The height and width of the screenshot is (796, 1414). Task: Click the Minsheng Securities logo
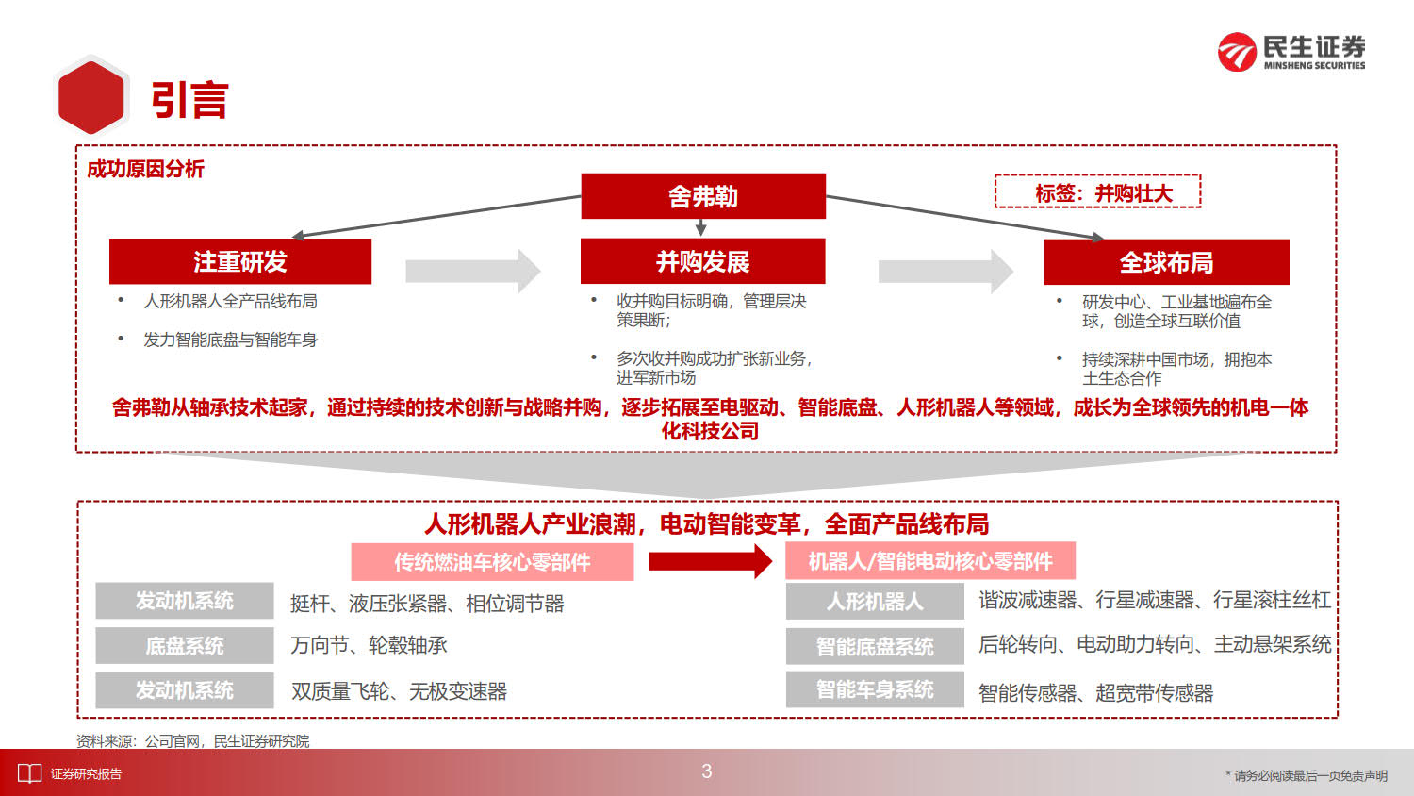pyautogui.click(x=1291, y=52)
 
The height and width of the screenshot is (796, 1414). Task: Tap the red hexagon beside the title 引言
pyautogui.click(x=91, y=96)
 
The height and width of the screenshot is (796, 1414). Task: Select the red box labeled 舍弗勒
pyautogui.click(x=703, y=196)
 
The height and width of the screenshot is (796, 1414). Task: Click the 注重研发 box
pyautogui.click(x=239, y=261)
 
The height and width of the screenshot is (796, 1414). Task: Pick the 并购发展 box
pyautogui.click(x=702, y=261)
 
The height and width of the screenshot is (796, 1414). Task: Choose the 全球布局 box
pyautogui.click(x=1167, y=262)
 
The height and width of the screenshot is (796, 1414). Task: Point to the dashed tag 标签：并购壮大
pyautogui.click(x=1098, y=191)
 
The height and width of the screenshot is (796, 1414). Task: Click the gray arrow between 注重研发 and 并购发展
pyautogui.click(x=473, y=271)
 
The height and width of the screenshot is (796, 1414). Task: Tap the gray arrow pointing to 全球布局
pyautogui.click(x=945, y=272)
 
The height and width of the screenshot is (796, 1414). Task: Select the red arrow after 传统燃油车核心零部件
pyautogui.click(x=710, y=561)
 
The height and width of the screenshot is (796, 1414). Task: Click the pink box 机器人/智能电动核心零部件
pyautogui.click(x=930, y=561)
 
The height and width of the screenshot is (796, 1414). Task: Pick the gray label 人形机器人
pyautogui.click(x=875, y=601)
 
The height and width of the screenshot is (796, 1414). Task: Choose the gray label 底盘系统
pyautogui.click(x=185, y=646)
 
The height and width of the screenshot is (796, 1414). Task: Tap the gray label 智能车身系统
pyautogui.click(x=875, y=689)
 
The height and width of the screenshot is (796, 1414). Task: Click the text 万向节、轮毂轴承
pyautogui.click(x=369, y=645)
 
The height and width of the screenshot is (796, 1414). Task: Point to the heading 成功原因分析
pyautogui.click(x=145, y=169)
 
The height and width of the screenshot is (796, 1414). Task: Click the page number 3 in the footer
pyautogui.click(x=706, y=771)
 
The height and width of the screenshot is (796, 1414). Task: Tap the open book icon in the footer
pyautogui.click(x=29, y=773)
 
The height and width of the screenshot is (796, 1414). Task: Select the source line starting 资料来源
pyautogui.click(x=192, y=741)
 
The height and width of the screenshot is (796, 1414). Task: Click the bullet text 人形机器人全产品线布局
pyautogui.click(x=230, y=302)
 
